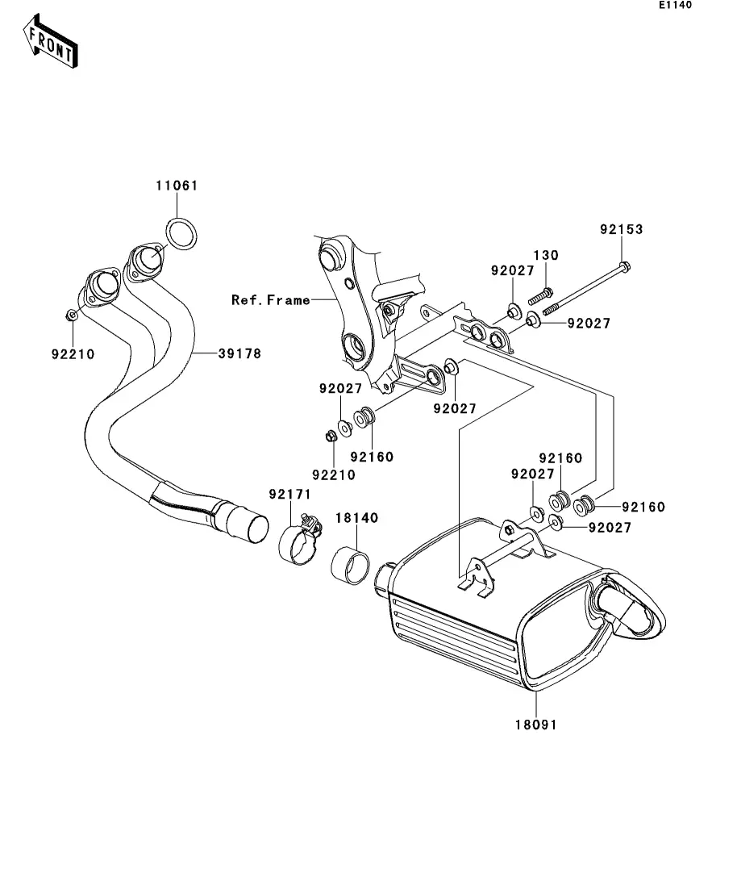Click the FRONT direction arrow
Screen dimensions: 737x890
click(x=51, y=41)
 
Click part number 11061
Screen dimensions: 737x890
click(x=177, y=186)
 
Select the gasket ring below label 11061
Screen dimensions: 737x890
click(x=181, y=233)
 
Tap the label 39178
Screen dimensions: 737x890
click(x=240, y=353)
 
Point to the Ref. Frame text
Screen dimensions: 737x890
click(x=271, y=299)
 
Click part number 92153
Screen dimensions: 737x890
click(x=621, y=229)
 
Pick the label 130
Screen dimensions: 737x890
click(x=546, y=256)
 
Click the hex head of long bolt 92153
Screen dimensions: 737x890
click(x=624, y=266)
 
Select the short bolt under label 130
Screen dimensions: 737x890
click(x=541, y=296)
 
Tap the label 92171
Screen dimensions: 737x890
click(x=290, y=495)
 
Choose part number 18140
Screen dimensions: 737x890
click(x=356, y=518)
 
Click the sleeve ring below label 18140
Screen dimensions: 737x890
click(x=350, y=565)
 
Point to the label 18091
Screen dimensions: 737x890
click(x=536, y=725)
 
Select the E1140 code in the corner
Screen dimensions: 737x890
click(x=675, y=5)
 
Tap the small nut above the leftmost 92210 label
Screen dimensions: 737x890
click(x=72, y=315)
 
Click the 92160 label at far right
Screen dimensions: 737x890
click(x=643, y=507)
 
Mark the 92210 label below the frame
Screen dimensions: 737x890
click(x=334, y=475)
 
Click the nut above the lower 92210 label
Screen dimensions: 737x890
click(x=331, y=436)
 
